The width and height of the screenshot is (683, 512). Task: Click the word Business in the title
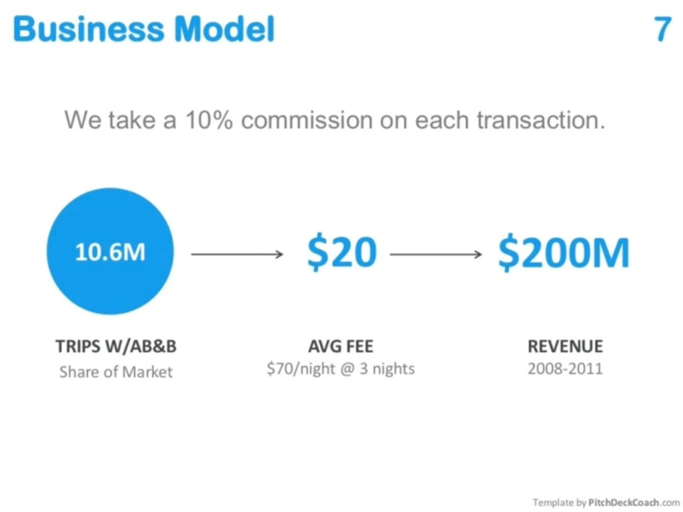click(89, 29)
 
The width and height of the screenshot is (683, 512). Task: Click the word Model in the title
click(224, 29)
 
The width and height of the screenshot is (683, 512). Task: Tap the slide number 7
click(662, 29)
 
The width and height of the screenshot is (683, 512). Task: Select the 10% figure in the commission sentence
click(209, 120)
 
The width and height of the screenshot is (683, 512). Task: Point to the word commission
click(307, 120)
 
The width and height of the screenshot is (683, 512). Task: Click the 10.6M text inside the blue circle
click(110, 252)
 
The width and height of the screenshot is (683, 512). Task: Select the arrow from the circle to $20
click(237, 254)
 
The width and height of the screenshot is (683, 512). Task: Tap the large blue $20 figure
click(342, 252)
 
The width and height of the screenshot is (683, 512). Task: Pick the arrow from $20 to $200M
click(436, 254)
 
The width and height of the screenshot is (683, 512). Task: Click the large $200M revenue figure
click(564, 252)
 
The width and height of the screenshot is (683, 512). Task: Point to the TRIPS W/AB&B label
click(116, 347)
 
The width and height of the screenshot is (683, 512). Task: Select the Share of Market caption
click(116, 372)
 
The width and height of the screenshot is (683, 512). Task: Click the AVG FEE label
click(341, 347)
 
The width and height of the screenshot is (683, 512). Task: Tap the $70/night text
click(301, 369)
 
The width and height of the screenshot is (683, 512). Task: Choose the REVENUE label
click(566, 347)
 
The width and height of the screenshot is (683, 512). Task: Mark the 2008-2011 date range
click(566, 369)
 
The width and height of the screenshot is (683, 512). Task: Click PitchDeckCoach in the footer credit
click(624, 503)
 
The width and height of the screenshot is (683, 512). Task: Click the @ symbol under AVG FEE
click(348, 369)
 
